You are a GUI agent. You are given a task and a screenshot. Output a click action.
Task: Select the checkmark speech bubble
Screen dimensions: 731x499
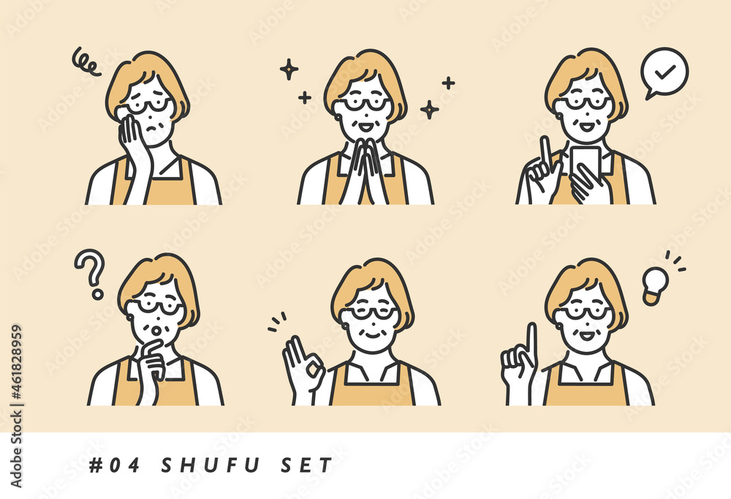pyautogui.click(x=664, y=72)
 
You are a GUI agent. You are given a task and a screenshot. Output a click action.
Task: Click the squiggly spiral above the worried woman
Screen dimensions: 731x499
pyautogui.click(x=86, y=62)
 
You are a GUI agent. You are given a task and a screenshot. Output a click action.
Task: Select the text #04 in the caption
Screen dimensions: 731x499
pyautogui.click(x=114, y=465)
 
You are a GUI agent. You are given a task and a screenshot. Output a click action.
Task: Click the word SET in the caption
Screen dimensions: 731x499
pyautogui.click(x=307, y=465)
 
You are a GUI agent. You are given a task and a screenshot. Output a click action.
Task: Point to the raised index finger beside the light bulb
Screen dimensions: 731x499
pyautogui.click(x=531, y=343)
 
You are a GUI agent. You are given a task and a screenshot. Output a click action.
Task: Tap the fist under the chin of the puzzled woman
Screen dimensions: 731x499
pyautogui.click(x=153, y=361)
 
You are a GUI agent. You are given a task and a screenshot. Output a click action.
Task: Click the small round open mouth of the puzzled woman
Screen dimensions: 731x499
pyautogui.click(x=158, y=331)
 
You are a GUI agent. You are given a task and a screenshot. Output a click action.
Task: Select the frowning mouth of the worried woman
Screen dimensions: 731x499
pyautogui.click(x=152, y=127)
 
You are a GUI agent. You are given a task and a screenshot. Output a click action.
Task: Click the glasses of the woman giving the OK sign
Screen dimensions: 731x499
pyautogui.click(x=371, y=312)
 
